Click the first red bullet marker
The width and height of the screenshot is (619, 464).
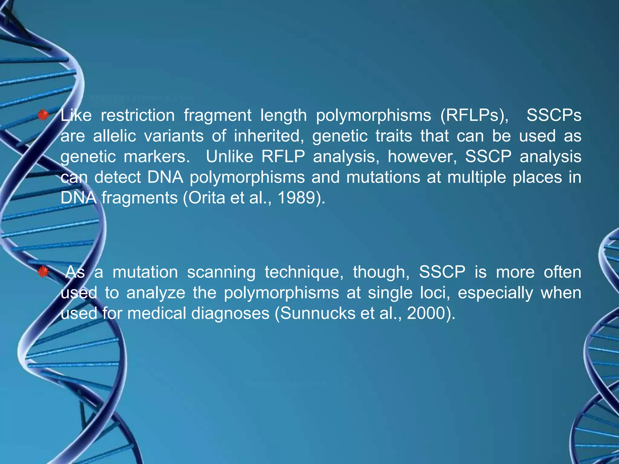coord(43,115)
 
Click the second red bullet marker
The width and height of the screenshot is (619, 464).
coord(43,272)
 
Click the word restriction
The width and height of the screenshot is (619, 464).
coord(138,116)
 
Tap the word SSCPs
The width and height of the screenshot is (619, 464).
coord(554,116)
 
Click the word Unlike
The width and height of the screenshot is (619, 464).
coord(229,156)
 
